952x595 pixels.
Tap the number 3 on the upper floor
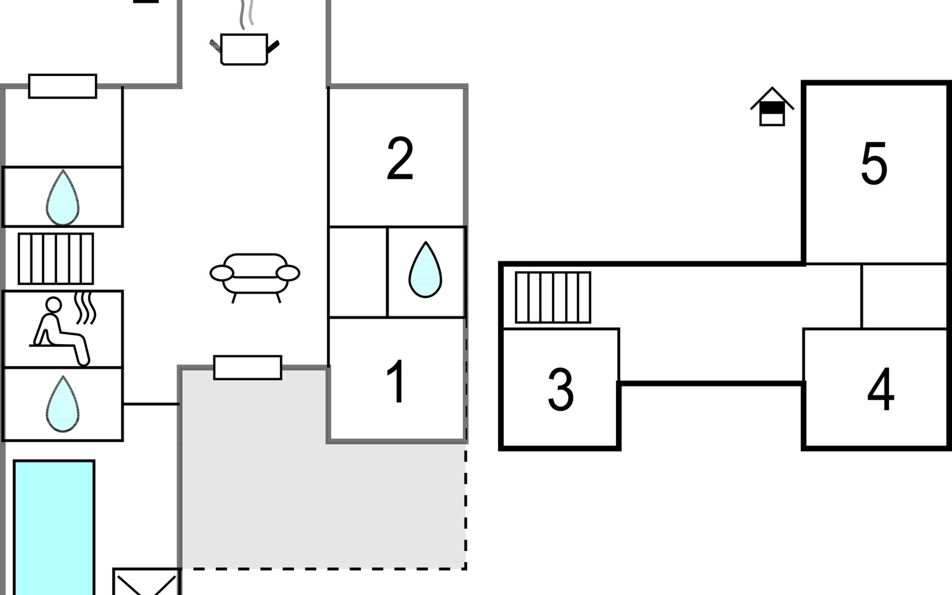click(x=560, y=390)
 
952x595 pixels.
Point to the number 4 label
click(x=881, y=390)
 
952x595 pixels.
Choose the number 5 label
click(x=874, y=164)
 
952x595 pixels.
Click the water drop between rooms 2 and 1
click(x=425, y=270)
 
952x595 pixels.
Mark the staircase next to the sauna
click(x=56, y=258)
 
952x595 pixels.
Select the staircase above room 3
click(x=553, y=297)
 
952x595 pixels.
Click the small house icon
click(x=772, y=107)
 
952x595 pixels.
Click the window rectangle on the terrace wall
click(x=247, y=367)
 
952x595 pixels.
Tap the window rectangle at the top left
click(x=62, y=86)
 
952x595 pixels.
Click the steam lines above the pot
click(x=246, y=14)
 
